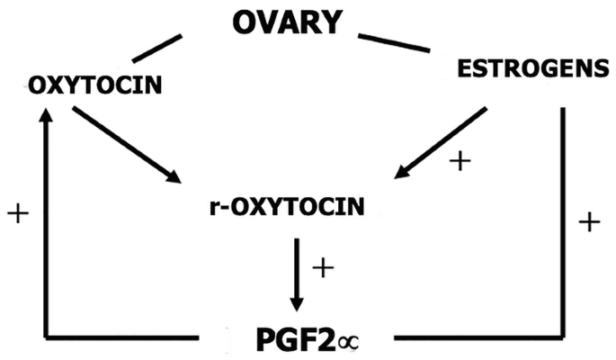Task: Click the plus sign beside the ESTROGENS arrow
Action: click(x=460, y=161)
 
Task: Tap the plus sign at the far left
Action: click(x=17, y=213)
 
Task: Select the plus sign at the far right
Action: click(x=588, y=222)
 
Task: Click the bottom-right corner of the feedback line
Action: click(x=565, y=337)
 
